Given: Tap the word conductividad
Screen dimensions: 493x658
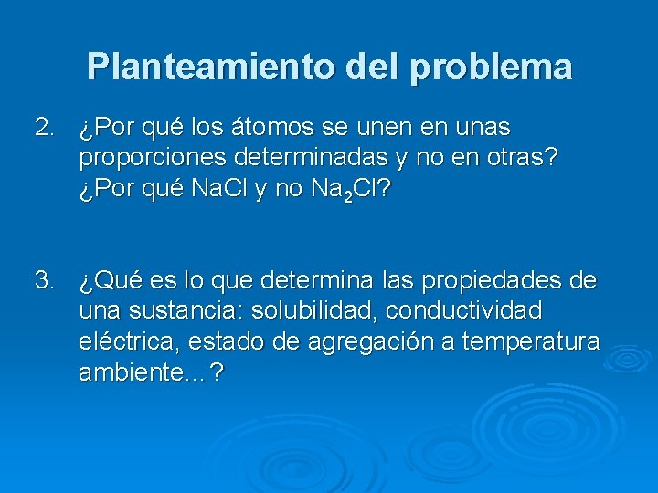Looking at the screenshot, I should (464, 310).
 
